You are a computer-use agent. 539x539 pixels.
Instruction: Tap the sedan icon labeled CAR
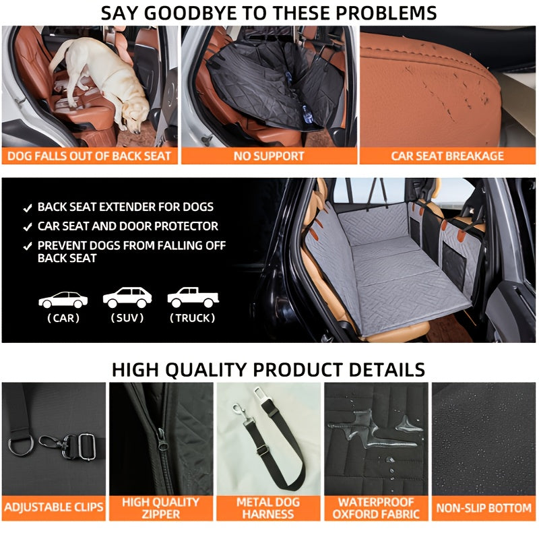63,300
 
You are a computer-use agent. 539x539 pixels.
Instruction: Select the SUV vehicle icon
127,297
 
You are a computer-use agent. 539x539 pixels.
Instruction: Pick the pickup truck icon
193,297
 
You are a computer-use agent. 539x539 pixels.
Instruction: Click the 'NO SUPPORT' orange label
269,156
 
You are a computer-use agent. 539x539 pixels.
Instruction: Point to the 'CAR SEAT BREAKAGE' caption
447,156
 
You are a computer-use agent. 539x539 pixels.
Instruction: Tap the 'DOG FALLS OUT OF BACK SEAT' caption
89,156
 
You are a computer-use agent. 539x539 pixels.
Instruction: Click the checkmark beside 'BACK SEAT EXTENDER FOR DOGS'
28,208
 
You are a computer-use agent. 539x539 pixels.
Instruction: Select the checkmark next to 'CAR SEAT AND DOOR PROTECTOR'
28,227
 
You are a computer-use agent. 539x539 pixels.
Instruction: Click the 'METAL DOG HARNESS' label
268,508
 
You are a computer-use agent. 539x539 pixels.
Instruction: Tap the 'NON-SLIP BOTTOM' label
484,508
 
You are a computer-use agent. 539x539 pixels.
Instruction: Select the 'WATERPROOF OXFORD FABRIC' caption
376,508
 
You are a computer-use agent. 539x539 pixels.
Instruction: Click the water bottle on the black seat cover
307,115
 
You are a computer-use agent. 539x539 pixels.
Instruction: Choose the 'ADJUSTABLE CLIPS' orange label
54,507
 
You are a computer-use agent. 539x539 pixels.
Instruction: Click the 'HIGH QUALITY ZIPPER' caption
161,508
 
